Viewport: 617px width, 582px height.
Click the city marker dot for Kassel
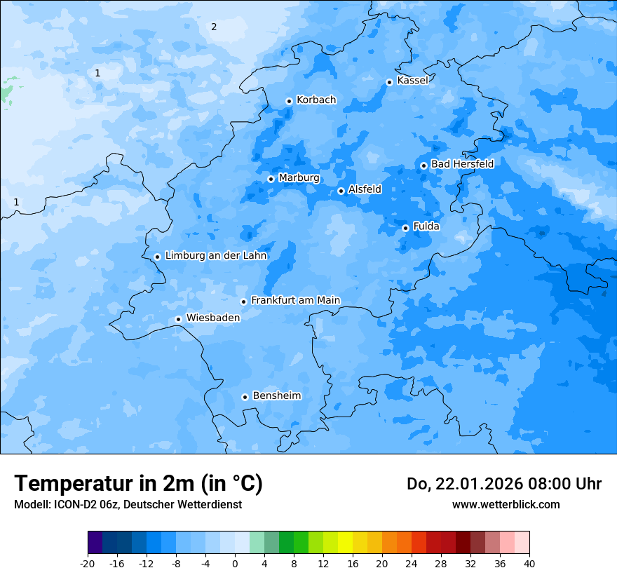tap(389, 82)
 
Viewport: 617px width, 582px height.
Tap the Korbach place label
tap(316, 100)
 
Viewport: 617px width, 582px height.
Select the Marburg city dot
tap(271, 179)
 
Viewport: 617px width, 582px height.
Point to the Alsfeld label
tap(365, 189)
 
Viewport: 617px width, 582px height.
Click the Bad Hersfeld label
tap(462, 164)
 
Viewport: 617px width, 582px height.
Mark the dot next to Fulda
tap(405, 228)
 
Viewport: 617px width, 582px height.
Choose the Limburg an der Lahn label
tap(215, 256)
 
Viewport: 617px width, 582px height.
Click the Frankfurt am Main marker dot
tap(243, 302)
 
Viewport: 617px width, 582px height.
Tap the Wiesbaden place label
tap(212, 318)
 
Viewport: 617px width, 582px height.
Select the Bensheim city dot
tap(245, 397)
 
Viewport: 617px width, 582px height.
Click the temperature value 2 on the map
tap(214, 27)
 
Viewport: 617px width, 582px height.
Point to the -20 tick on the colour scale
tap(88, 564)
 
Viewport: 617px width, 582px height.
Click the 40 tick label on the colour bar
tap(529, 564)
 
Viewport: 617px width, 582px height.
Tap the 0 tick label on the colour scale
tap(235, 564)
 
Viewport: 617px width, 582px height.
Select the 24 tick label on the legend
tap(412, 564)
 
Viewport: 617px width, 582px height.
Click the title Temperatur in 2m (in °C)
tap(138, 483)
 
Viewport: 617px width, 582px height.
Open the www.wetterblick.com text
tap(506, 504)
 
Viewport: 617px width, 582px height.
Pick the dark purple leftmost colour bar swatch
tap(95, 543)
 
